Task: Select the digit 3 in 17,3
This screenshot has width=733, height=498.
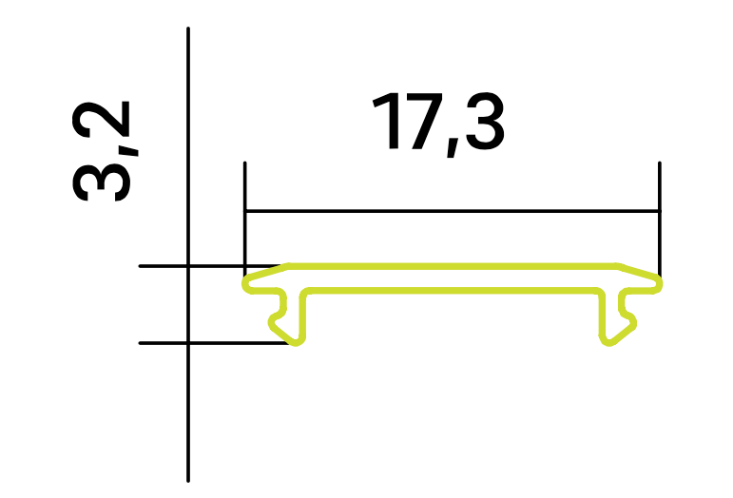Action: coord(485,122)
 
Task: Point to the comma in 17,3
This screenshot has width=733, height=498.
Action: coord(452,147)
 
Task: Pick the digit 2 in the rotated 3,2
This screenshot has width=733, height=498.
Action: coord(101,120)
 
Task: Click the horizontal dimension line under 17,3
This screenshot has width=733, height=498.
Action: coord(452,211)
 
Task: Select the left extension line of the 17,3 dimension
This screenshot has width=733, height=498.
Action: coord(245,220)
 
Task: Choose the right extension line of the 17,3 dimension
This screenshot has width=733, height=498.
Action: coord(660,220)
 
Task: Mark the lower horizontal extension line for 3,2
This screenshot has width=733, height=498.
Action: coord(215,343)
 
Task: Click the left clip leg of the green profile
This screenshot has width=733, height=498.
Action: coord(288,317)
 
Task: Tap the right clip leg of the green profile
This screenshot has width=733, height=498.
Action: coord(617,317)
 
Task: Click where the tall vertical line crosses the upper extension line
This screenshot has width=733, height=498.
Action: coord(188,266)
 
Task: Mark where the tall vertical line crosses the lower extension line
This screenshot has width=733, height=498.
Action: coord(188,343)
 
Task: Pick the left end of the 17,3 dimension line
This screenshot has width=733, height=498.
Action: coord(245,211)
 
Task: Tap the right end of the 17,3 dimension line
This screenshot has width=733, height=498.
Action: coord(660,211)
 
